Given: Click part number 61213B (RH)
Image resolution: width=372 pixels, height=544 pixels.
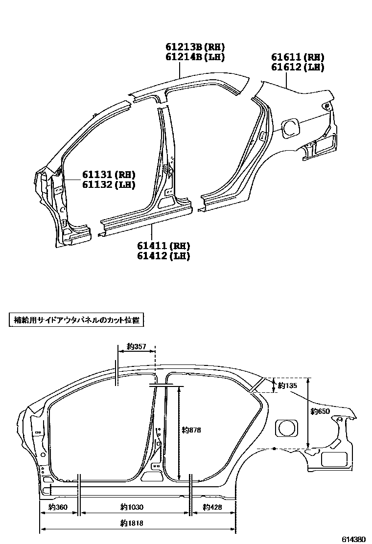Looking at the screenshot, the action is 194,47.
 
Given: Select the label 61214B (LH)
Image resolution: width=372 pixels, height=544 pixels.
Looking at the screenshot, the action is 194,57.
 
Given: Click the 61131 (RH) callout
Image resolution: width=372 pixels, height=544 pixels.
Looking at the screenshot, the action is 108,175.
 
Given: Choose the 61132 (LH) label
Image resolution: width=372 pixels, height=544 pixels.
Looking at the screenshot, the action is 108,184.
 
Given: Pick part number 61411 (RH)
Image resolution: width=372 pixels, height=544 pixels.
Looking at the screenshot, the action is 163,246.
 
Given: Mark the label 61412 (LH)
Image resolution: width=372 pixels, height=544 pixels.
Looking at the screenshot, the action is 163,255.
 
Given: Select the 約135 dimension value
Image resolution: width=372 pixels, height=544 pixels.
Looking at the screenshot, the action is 287,385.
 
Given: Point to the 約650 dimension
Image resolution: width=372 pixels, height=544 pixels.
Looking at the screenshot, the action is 321,412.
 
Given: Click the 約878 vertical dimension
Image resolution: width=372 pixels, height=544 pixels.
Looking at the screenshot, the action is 191,430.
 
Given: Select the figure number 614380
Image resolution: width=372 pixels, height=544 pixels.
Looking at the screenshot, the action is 353,539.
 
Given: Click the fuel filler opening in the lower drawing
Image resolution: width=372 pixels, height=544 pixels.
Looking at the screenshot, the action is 287,428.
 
